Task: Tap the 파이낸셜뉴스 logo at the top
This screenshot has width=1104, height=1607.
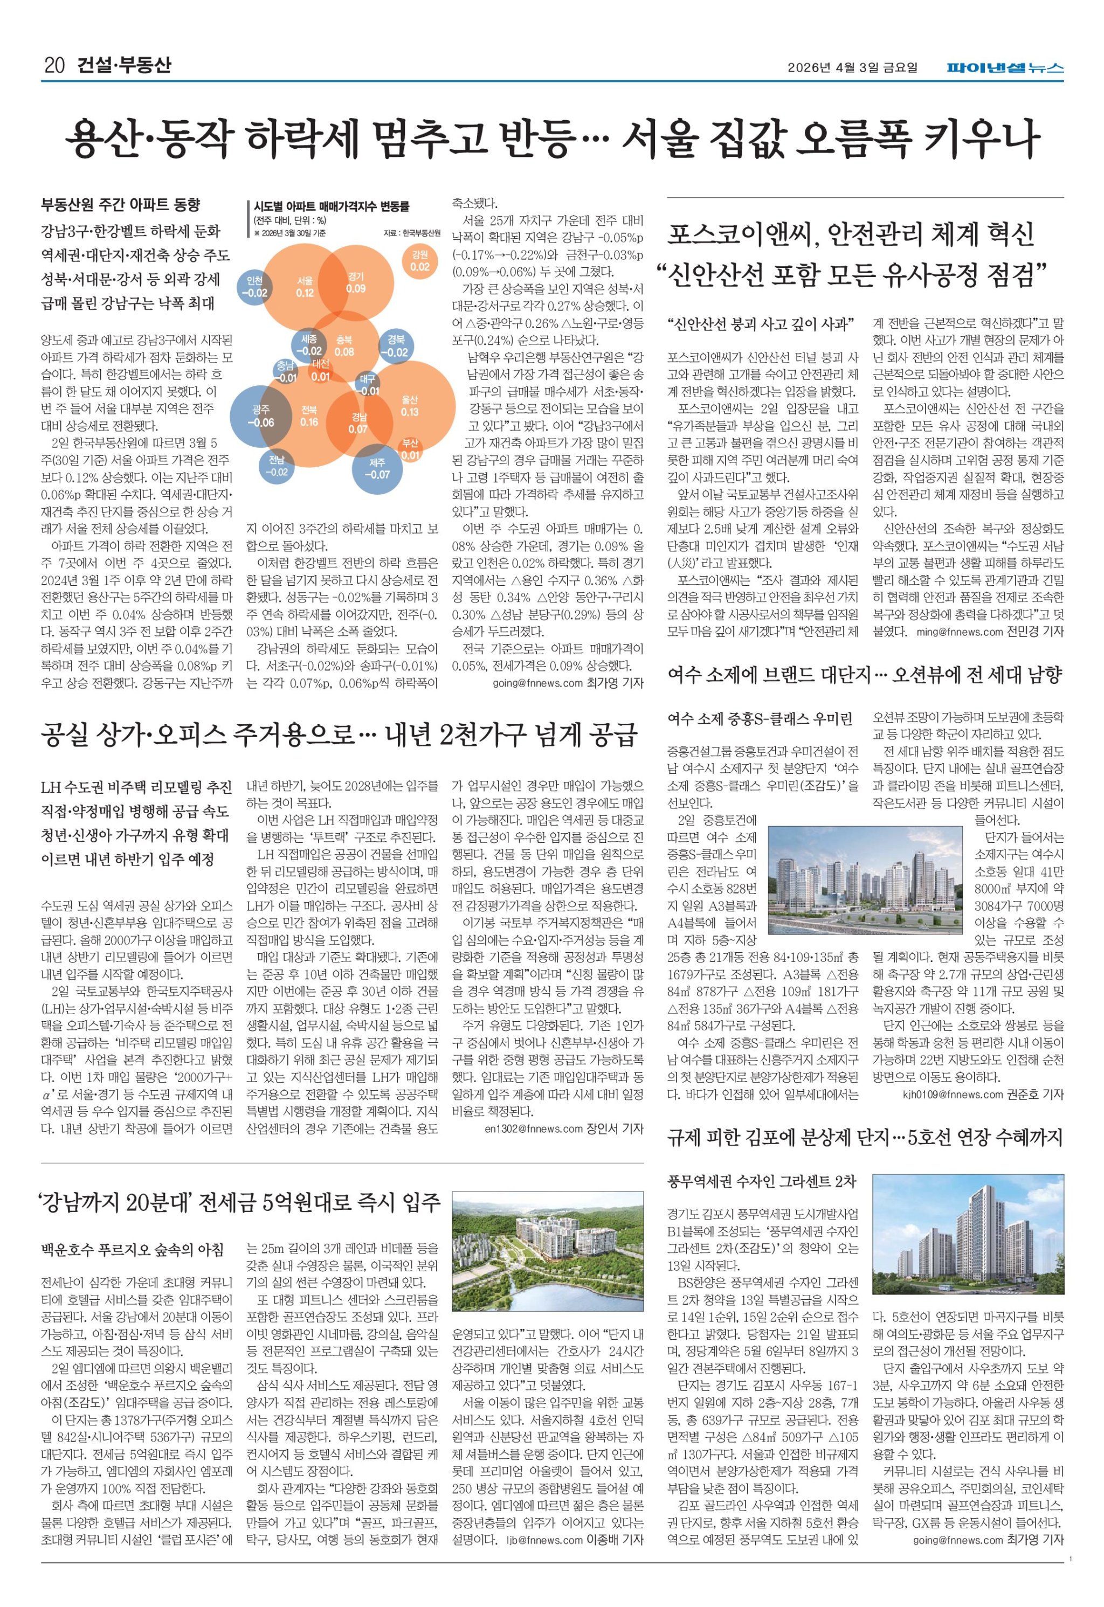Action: tap(1005, 68)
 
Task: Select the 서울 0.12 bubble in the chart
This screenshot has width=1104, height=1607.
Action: tap(305, 286)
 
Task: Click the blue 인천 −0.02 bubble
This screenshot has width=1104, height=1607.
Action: tap(254, 286)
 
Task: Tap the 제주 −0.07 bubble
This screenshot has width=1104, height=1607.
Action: tap(377, 469)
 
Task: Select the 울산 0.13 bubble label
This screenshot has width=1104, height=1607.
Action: tap(410, 406)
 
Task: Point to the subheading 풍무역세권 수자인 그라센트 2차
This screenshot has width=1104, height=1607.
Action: tap(762, 1182)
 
